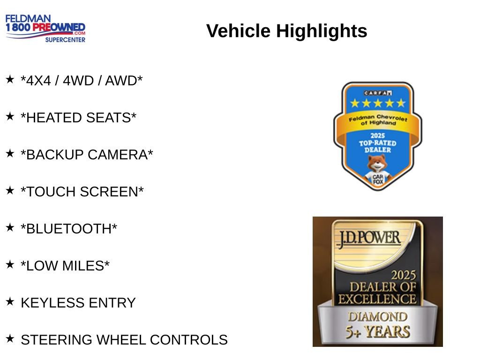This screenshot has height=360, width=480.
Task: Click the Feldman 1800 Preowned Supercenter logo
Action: pyautogui.click(x=45, y=28)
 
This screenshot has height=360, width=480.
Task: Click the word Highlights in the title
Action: pyautogui.click(x=322, y=31)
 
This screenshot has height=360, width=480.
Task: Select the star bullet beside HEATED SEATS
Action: pyautogui.click(x=10, y=116)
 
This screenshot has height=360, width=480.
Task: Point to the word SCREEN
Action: pyautogui.click(x=112, y=192)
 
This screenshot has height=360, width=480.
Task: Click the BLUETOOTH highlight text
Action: pyautogui.click(x=69, y=229)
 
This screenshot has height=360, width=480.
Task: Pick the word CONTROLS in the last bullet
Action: pyautogui.click(x=188, y=340)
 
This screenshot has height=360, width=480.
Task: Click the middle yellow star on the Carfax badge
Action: pyautogui.click(x=378, y=103)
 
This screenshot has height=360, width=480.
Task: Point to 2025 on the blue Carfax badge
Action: pyautogui.click(x=378, y=135)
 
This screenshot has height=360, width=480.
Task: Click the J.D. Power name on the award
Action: pyautogui.click(x=369, y=239)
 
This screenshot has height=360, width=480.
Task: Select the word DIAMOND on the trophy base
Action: pyautogui.click(x=378, y=317)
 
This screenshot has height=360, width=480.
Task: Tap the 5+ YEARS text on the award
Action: pyautogui.click(x=378, y=332)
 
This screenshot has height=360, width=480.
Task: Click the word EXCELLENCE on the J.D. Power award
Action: pyautogui.click(x=377, y=299)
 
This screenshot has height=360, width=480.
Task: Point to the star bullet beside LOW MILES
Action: pyautogui.click(x=10, y=264)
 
